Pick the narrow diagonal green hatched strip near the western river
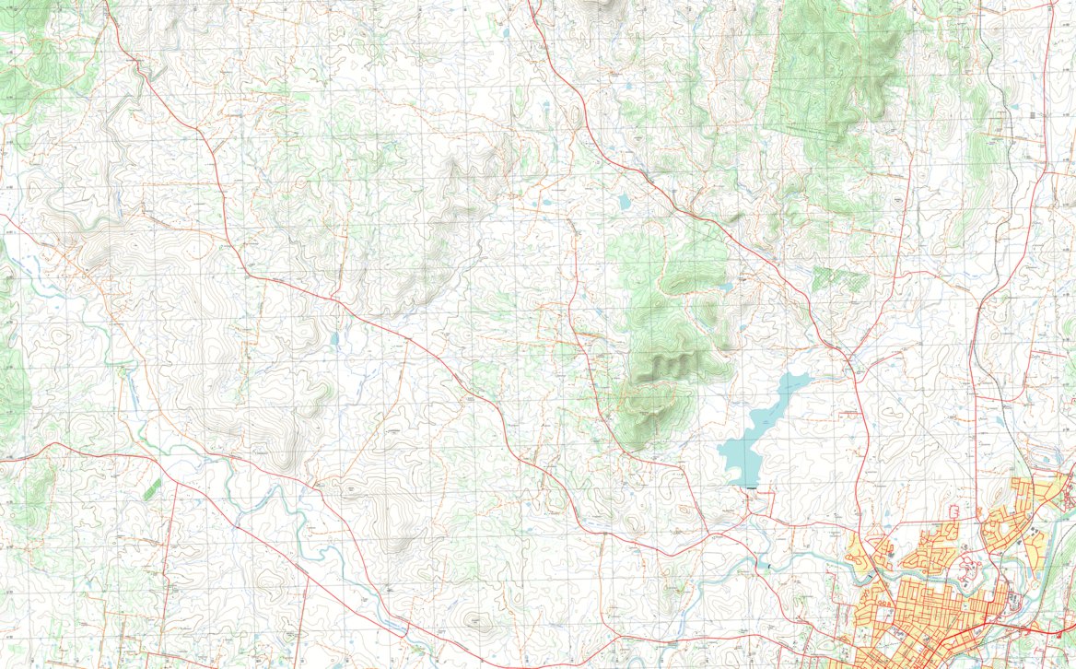pyautogui.click(x=152, y=489)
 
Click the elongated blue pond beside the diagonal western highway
pyautogui.click(x=334, y=339)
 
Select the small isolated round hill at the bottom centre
pyautogui.click(x=476, y=623)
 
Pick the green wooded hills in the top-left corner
pyautogui.click(x=37, y=55)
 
